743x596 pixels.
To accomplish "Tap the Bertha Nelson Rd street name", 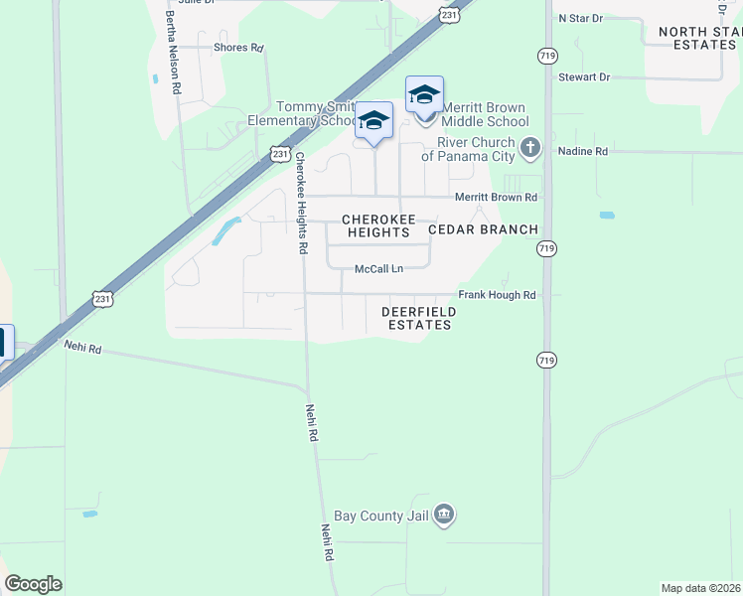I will pyautogui.click(x=176, y=58).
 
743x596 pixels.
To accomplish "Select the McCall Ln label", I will pyautogui.click(x=379, y=269).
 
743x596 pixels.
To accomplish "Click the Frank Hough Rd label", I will pyautogui.click(x=497, y=295).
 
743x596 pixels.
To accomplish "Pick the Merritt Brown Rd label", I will pyautogui.click(x=496, y=197).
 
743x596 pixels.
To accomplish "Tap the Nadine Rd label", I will pyautogui.click(x=583, y=151).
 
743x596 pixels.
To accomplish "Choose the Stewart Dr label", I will pyautogui.click(x=583, y=76).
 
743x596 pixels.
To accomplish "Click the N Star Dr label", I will pyautogui.click(x=581, y=18).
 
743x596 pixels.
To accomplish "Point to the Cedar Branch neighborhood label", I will pyautogui.click(x=483, y=229).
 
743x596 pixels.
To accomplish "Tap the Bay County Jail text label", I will pyautogui.click(x=381, y=516).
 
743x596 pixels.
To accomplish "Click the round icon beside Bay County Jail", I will pyautogui.click(x=445, y=515).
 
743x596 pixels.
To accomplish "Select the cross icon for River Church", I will pyautogui.click(x=531, y=149).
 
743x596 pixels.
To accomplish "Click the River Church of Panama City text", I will pyautogui.click(x=468, y=149).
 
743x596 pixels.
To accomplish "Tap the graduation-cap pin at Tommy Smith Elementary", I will pyautogui.click(x=374, y=121).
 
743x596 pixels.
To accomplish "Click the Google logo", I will pyautogui.click(x=33, y=584).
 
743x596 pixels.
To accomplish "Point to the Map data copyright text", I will pyautogui.click(x=700, y=588).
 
